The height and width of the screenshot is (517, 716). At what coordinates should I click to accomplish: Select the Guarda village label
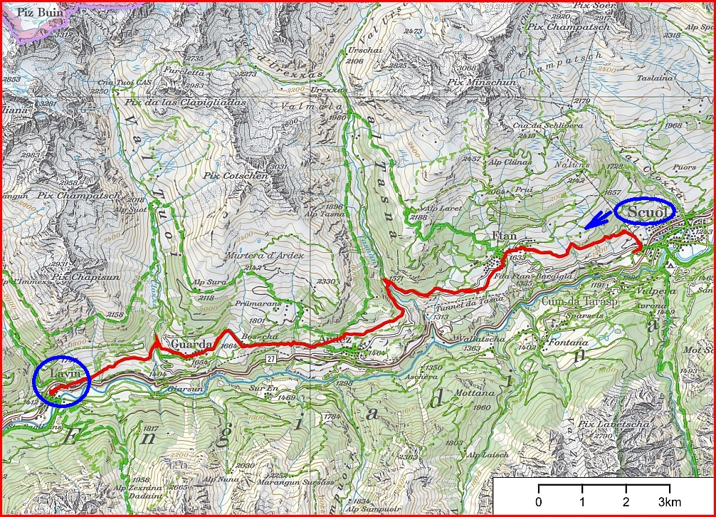pyautogui.click(x=191, y=345)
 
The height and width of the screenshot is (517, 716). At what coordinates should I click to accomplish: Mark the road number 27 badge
pyautogui.click(x=271, y=358)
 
